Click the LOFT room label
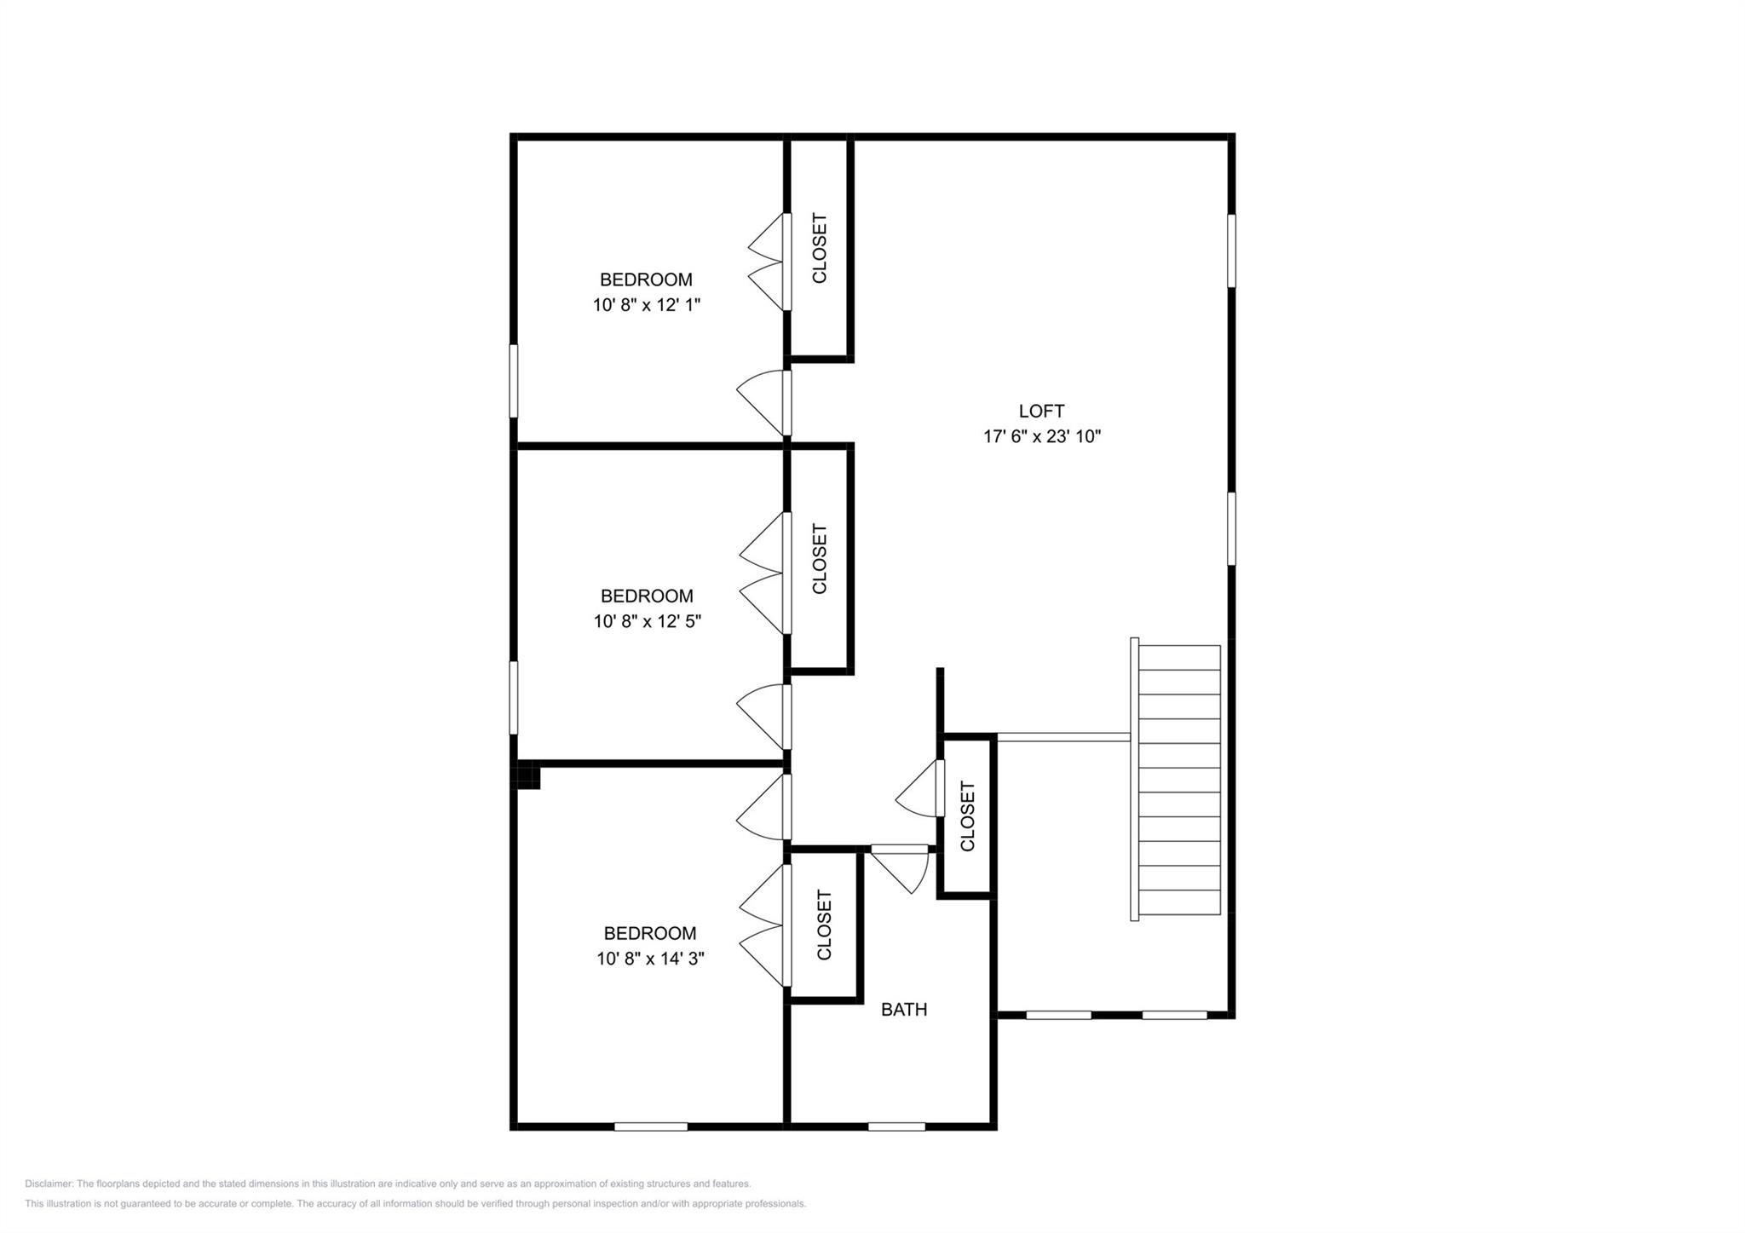[x=1041, y=411]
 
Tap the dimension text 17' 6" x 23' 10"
[x=1041, y=436]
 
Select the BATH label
[x=903, y=1009]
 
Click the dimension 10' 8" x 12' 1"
[x=646, y=304]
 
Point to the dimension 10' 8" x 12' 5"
[x=647, y=621]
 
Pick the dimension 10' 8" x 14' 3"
[x=649, y=958]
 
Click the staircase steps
[x=1179, y=780]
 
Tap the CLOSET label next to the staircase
[x=967, y=815]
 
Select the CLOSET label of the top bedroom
[x=819, y=248]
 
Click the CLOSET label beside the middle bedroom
[x=819, y=558]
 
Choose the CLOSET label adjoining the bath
[x=824, y=925]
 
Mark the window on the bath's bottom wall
[x=896, y=1126]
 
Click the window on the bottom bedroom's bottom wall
[x=650, y=1126]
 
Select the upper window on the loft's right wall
[x=1231, y=251]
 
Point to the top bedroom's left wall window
[x=513, y=381]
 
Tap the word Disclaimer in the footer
[x=49, y=1184]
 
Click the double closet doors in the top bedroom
[x=767, y=262]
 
